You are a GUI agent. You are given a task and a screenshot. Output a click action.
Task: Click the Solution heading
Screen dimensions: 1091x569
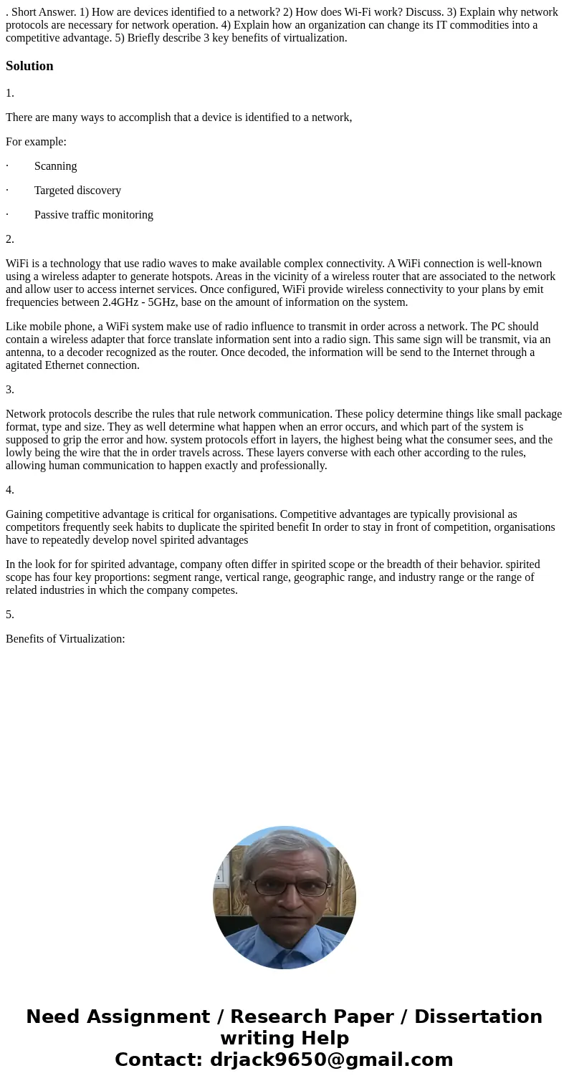pos(29,66)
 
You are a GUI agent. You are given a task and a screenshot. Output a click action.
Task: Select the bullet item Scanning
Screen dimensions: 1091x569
pos(55,166)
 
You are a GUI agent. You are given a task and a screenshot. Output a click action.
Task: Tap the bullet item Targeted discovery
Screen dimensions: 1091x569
pos(77,191)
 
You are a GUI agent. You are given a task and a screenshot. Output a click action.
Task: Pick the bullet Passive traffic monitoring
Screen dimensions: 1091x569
pos(93,215)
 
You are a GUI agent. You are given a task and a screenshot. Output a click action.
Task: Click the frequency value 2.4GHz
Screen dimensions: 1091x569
pos(123,302)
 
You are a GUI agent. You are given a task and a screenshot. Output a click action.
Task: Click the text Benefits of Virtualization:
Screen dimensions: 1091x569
pos(65,639)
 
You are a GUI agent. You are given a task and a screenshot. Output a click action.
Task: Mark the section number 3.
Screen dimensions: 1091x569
pos(10,390)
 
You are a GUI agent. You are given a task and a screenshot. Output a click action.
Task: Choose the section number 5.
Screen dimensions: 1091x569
pos(10,615)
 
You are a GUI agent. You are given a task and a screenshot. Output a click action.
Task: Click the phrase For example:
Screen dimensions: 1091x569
pos(36,142)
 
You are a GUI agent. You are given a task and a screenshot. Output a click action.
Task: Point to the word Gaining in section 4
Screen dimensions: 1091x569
pos(25,514)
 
